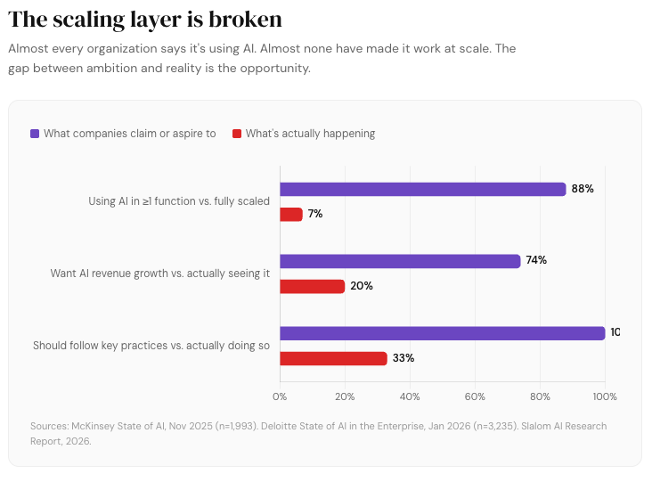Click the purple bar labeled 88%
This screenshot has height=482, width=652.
pos(422,189)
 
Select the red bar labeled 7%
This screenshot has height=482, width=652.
pos(291,214)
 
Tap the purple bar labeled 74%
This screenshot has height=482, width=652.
pos(400,261)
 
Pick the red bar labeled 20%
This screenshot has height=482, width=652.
pos(312,286)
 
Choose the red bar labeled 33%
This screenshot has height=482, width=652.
pos(333,358)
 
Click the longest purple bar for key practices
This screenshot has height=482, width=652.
pos(442,333)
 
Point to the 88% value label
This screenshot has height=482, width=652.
pos(583,189)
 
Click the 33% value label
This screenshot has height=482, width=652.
pos(403,358)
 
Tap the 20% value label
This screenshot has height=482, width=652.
pos(362,286)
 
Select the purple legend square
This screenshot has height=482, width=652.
pos(35,134)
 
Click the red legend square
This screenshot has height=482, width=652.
pos(237,134)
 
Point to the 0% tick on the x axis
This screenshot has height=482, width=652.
pos(280,396)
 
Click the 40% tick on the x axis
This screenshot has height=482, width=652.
pos(410,396)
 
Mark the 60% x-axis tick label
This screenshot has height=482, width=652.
pos(475,396)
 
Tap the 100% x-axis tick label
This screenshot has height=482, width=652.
pos(604,396)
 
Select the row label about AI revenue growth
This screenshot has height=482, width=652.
pos(159,274)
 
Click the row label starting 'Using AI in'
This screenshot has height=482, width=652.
pos(178,201)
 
